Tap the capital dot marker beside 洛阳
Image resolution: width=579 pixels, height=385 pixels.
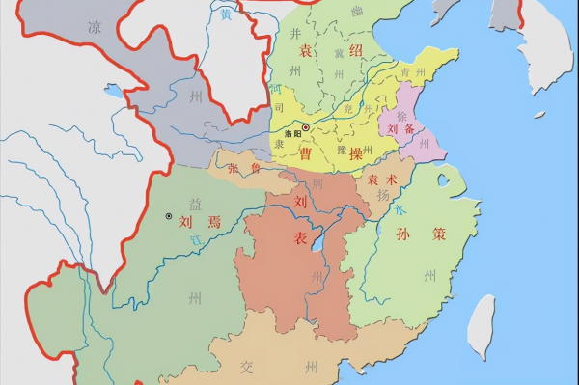coord(306,127)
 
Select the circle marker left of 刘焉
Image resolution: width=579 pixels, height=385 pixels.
coord(169,216)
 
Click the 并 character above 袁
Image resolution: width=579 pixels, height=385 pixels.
coord(296,34)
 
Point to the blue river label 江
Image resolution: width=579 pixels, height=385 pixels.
coord(194,238)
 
